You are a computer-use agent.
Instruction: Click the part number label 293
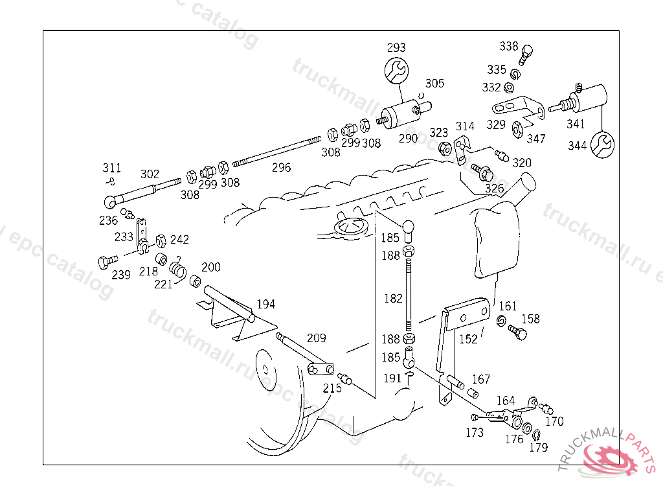(396, 47)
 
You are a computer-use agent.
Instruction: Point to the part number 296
(281, 167)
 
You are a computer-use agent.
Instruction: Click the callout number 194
(266, 304)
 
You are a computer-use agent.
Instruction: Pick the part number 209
(317, 338)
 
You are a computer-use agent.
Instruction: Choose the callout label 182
(393, 298)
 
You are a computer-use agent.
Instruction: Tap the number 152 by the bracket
(468, 339)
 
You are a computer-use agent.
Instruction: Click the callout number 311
(111, 168)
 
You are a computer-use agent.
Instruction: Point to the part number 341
(576, 124)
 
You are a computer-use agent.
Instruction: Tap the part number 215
(331, 388)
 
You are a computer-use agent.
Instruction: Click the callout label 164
(506, 400)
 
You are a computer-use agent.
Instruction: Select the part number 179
(539, 447)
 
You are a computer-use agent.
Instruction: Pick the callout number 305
(434, 83)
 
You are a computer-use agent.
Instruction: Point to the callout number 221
(163, 283)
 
